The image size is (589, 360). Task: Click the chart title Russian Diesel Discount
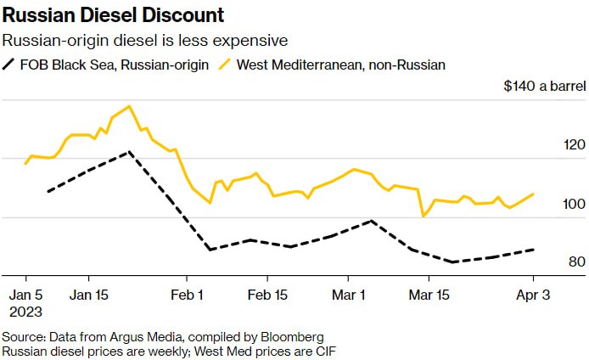pos(113,15)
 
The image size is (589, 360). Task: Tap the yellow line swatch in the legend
pos(225,64)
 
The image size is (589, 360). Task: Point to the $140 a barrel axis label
pos(544,87)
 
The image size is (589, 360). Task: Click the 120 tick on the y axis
pos(575,145)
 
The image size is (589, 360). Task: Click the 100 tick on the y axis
pos(575,204)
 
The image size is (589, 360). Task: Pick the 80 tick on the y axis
pos(577,262)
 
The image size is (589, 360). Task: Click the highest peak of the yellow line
pos(129,106)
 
